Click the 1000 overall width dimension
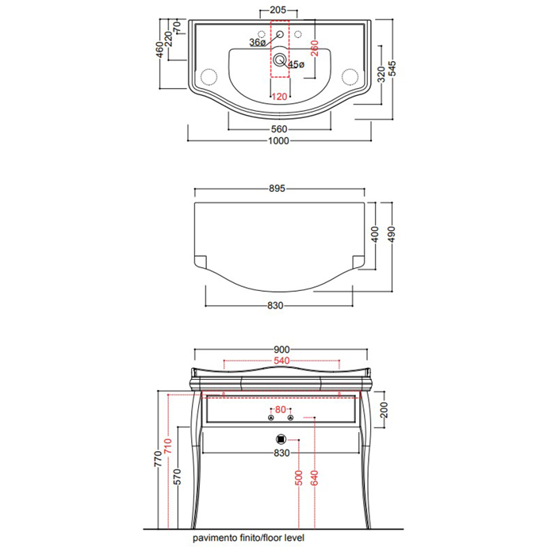(x=278, y=141)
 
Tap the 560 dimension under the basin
(x=279, y=129)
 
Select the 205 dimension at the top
(x=277, y=10)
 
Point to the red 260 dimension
(x=314, y=48)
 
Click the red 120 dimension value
(x=279, y=97)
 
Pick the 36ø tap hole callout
(x=258, y=43)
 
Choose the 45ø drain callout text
(x=297, y=64)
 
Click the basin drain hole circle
(x=280, y=59)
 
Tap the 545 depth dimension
(x=392, y=69)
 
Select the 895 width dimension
(x=277, y=189)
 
